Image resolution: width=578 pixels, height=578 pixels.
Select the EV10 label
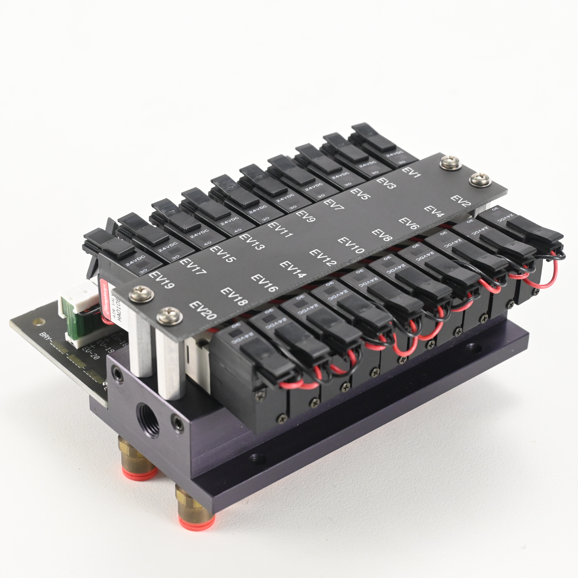(351, 245)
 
